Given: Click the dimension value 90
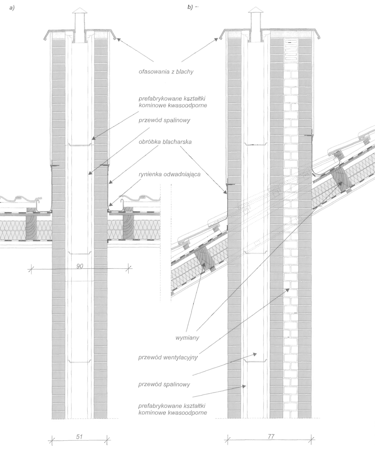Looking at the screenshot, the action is (x=80, y=266).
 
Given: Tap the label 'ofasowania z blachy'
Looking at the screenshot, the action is (x=166, y=72).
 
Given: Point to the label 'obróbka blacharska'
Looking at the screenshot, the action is (x=165, y=142).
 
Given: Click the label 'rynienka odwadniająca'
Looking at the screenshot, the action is (x=170, y=174).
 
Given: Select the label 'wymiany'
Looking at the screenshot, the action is (x=187, y=338).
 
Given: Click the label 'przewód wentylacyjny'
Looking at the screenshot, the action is (x=168, y=357).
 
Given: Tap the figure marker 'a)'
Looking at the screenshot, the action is (x=12, y=8).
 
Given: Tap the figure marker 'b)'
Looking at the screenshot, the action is (x=190, y=7).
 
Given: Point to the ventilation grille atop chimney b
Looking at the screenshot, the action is (x=291, y=50).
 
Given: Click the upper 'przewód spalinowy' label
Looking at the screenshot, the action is (x=164, y=120).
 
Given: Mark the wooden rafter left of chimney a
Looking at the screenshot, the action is (x=31, y=224).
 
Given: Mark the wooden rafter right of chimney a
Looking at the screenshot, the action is (x=128, y=224).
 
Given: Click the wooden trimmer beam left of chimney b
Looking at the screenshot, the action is (x=204, y=259).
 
